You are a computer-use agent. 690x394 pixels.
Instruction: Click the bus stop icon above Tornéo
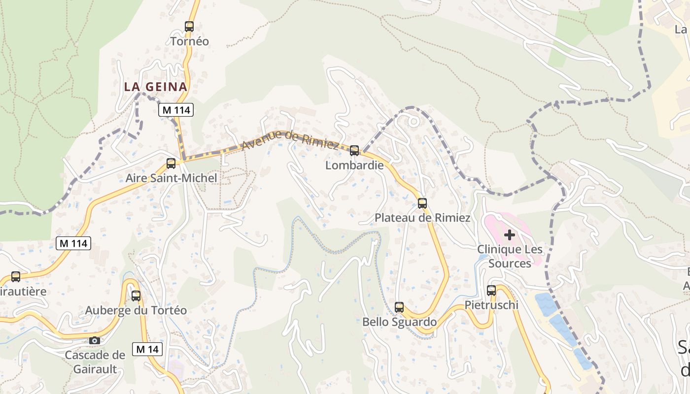(189, 27)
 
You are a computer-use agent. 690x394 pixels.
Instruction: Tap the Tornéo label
(190, 41)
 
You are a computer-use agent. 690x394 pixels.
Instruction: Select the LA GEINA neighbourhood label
(156, 87)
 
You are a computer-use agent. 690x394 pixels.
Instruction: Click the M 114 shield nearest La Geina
(176, 110)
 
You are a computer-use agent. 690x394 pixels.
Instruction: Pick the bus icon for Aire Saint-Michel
(171, 164)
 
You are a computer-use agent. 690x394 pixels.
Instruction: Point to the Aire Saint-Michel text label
(171, 178)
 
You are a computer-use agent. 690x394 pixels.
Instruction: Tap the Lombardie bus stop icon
(354, 151)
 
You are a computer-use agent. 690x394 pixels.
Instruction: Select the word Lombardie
(354, 165)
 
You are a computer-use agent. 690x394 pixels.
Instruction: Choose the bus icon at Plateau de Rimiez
(422, 203)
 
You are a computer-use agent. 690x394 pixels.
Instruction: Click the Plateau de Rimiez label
(422, 218)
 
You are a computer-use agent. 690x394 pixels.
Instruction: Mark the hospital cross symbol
(510, 235)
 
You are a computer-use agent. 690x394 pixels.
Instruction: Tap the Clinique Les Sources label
(510, 256)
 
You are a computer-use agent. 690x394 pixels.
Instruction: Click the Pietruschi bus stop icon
(491, 291)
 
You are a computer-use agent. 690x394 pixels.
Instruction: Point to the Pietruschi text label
(491, 305)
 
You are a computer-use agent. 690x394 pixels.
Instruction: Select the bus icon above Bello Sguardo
(399, 307)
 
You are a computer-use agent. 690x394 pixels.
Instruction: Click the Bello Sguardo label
(399, 322)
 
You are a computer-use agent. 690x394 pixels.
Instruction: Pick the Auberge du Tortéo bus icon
(136, 296)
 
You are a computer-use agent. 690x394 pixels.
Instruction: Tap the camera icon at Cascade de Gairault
(95, 340)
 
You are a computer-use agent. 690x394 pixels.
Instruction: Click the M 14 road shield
(147, 349)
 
